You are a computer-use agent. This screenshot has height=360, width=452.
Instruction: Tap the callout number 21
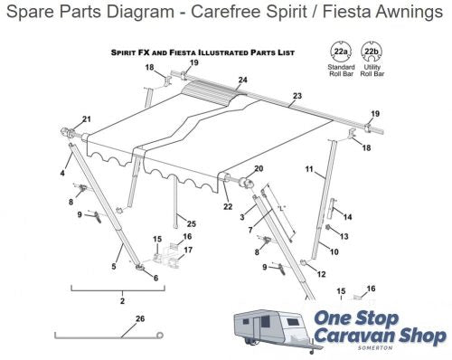87,119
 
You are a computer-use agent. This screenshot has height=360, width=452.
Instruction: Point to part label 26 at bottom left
138,317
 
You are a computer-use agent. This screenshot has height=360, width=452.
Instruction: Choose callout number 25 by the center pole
192,223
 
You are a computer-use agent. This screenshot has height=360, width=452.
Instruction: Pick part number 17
187,249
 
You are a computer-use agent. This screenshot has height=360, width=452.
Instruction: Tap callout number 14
348,217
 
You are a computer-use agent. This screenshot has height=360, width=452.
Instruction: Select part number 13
344,236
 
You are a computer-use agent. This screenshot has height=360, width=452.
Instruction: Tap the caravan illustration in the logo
271,324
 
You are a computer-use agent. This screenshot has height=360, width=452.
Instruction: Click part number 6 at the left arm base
155,278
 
